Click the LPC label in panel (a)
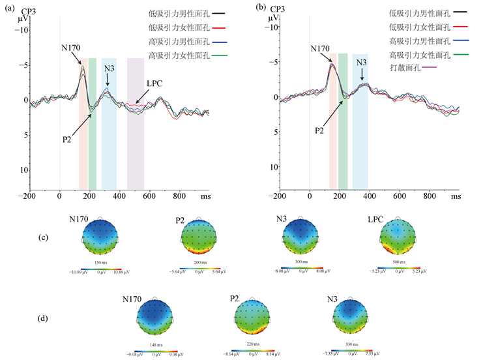(155, 83)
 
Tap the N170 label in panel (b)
(321, 48)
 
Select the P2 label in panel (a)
(67, 140)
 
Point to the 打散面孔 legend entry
(409, 67)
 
